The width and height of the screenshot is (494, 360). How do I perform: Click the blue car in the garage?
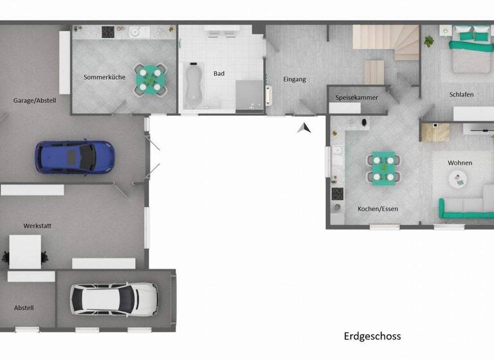pos(75,156)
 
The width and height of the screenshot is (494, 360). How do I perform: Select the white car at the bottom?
pos(114,298)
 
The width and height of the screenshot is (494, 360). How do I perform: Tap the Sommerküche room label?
pos(104,77)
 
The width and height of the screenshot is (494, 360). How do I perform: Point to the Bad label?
pos(219,73)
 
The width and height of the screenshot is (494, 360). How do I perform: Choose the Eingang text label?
pos(295,80)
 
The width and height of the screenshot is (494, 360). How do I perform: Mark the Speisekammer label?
pos(357,98)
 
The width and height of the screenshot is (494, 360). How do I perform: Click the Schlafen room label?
pos(461,94)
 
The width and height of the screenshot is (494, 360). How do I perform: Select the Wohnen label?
pos(460,163)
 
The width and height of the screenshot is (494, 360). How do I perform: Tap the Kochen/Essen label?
pos(378,209)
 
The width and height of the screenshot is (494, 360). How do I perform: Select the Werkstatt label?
pos(37,226)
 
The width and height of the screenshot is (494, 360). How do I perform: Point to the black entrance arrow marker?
pos(304,128)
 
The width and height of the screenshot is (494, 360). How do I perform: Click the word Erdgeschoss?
pos(372,336)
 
